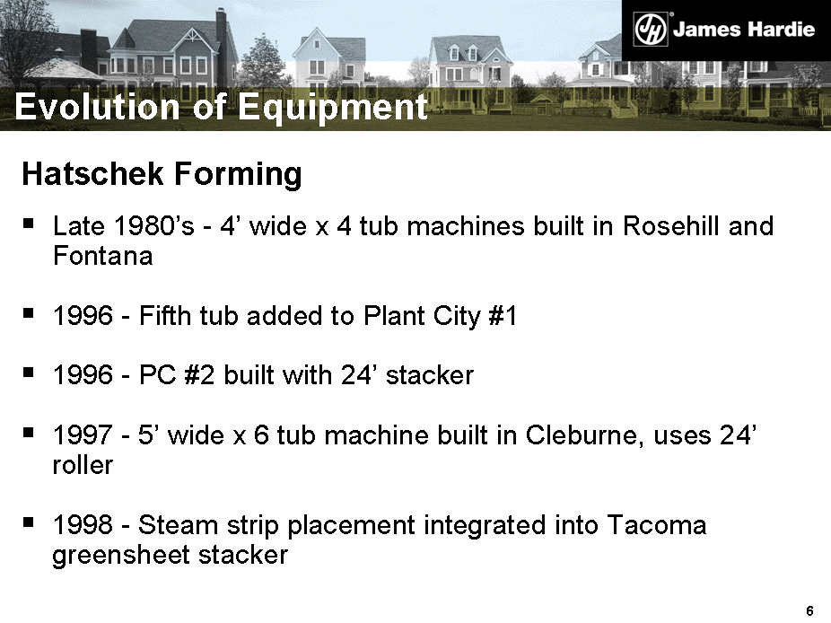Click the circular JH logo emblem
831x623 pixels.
point(651,30)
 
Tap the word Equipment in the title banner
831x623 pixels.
point(333,108)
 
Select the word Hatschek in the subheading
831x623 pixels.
point(92,174)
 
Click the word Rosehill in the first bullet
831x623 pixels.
point(671,226)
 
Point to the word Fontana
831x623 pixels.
point(103,256)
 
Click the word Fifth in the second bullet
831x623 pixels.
point(165,316)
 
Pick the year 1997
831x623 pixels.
point(83,435)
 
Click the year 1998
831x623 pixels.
point(83,525)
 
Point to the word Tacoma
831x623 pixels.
point(657,525)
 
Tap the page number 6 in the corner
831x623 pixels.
point(809,610)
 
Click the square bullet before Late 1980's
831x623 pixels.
point(28,224)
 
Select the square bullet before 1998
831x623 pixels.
point(28,522)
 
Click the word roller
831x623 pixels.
point(83,465)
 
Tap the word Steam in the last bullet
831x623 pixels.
point(178,525)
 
